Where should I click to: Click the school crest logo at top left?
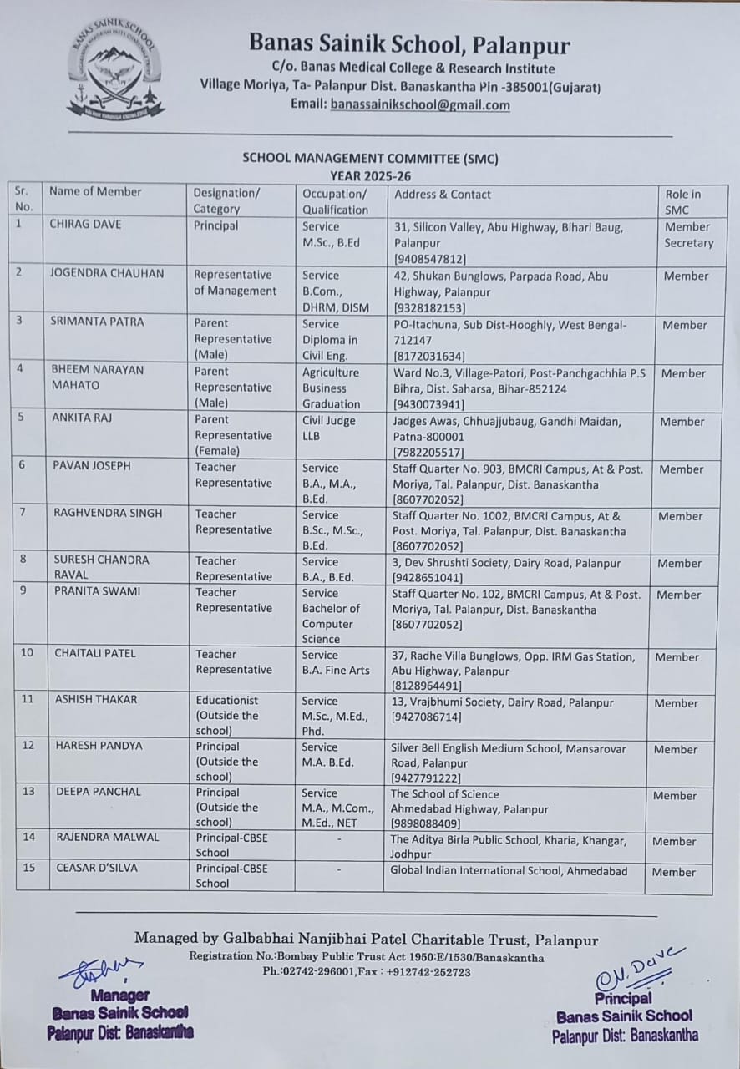(x=116, y=72)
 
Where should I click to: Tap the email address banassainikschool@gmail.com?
(x=419, y=104)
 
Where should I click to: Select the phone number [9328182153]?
(x=429, y=308)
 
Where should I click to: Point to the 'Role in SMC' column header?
(x=683, y=201)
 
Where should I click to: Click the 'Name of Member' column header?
(x=95, y=191)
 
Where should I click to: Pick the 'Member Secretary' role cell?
(x=688, y=235)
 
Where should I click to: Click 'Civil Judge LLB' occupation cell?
(x=328, y=428)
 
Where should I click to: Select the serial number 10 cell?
(x=28, y=652)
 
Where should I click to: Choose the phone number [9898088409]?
(x=426, y=824)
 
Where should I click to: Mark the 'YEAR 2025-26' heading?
(x=370, y=175)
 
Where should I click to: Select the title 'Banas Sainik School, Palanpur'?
(x=408, y=45)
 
